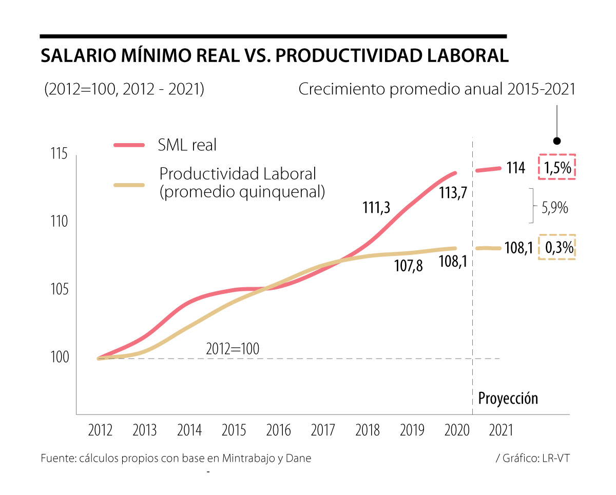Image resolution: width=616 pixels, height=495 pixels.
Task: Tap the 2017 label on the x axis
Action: click(323, 430)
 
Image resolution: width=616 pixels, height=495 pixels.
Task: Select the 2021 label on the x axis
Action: click(501, 430)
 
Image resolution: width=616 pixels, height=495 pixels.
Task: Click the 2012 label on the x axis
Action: click(100, 430)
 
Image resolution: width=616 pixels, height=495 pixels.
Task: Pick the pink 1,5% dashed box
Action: click(557, 167)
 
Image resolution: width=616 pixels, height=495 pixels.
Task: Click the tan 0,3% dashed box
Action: click(557, 247)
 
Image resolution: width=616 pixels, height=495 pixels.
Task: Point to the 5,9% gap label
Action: click(554, 208)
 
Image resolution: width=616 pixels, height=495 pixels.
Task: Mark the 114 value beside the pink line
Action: click(515, 168)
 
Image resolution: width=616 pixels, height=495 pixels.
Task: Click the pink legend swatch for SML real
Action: click(129, 146)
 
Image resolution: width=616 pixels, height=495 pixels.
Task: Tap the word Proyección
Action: click(508, 398)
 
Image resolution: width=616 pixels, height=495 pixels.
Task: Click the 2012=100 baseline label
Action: click(233, 349)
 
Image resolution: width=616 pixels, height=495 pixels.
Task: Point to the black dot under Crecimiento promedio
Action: click(557, 141)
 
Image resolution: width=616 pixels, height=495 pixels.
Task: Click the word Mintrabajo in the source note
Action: click(248, 458)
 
